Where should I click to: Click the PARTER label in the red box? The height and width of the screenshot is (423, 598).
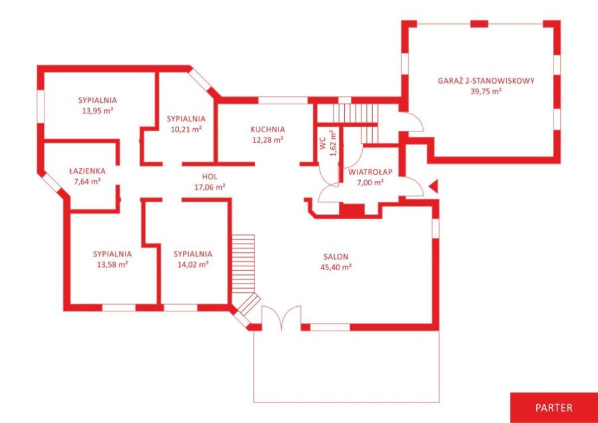coord(553,407)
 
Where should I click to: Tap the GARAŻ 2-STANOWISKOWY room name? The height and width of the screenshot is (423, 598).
coord(486,80)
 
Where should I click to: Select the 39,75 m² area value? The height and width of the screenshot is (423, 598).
coord(486,92)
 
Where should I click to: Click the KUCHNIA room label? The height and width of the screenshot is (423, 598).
coord(268,129)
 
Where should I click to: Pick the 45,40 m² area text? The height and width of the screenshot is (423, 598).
coord(336,267)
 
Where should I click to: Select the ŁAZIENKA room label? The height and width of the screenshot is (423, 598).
coord(87,171)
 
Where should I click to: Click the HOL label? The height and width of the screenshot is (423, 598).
coord(209,177)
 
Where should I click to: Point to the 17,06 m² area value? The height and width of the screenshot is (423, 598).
coord(209,187)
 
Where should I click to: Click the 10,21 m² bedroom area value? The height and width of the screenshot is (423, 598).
coord(186,129)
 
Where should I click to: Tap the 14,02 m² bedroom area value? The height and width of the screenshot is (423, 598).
coord(193,264)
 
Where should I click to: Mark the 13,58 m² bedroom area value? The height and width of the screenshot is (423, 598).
coord(112,264)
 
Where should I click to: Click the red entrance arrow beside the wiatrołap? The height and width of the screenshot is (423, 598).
coord(434,187)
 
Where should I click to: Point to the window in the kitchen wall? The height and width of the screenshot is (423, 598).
coord(283,100)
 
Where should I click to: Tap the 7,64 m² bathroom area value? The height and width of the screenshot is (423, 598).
coord(87,182)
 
